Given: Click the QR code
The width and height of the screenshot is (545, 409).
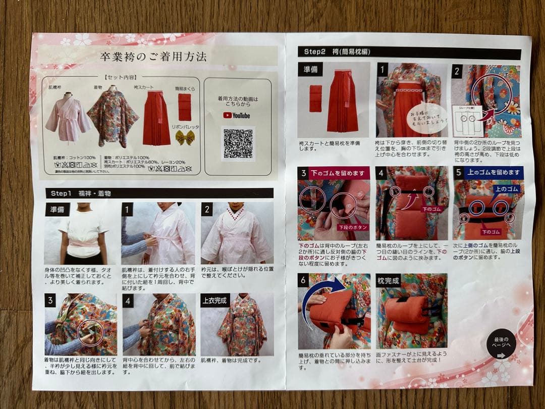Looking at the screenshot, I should point(238,143).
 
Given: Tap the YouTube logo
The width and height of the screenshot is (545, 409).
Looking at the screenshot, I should point(237,115).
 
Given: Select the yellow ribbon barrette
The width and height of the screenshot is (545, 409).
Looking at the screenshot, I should point(185,137).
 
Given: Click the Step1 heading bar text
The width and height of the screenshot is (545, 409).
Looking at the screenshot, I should point(81,193).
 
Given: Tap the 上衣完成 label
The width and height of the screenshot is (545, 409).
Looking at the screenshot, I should point(215,301).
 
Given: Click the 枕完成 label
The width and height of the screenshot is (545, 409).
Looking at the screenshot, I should point(388,281).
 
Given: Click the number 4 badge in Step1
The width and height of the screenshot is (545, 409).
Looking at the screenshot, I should point(128,301).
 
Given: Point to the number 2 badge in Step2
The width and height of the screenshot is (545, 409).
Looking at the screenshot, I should point(457,71).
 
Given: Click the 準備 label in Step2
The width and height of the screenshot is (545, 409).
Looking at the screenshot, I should point(310,70).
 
